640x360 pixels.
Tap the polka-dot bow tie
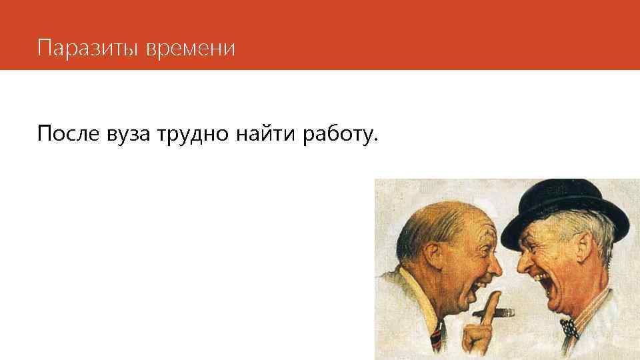[x=568, y=327]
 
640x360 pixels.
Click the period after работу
[x=375, y=140]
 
